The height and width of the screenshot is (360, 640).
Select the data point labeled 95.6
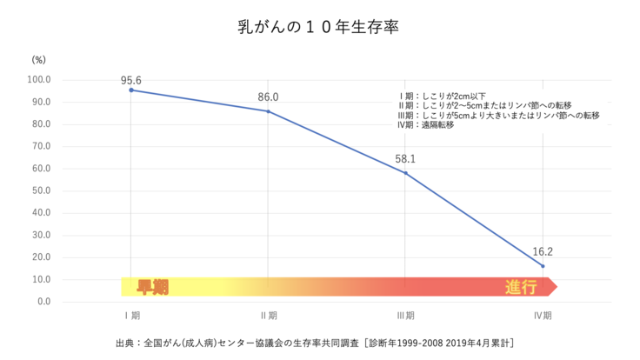click(x=131, y=90)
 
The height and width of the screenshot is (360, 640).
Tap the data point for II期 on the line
click(x=269, y=111)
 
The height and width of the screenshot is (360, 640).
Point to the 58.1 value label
click(x=405, y=159)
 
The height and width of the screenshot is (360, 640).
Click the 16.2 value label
click(x=543, y=251)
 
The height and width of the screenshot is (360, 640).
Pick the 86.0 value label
click(x=269, y=97)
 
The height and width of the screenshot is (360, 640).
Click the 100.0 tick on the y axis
click(x=41, y=80)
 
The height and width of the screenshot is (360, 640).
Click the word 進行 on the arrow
click(x=521, y=287)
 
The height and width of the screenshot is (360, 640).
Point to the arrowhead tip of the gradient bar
click(x=557, y=287)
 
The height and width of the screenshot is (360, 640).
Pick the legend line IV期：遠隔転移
click(x=426, y=124)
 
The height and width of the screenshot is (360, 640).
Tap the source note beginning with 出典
click(x=318, y=343)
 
